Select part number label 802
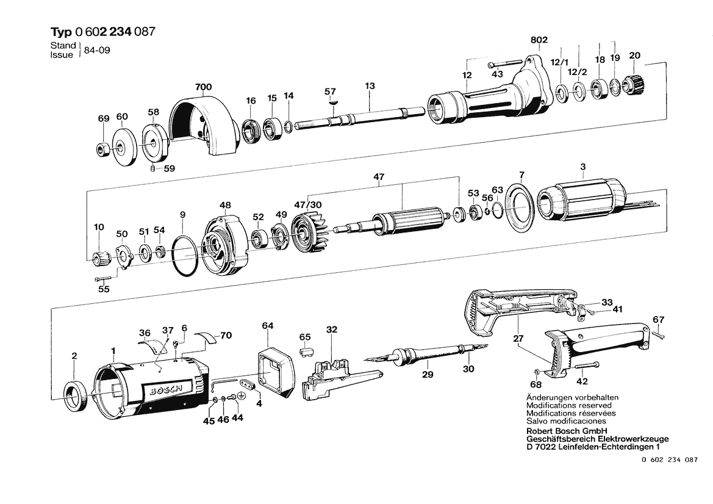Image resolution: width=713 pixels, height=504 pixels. [539, 40]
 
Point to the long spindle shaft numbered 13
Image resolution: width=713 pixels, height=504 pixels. [360, 115]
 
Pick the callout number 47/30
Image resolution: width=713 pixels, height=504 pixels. [308, 204]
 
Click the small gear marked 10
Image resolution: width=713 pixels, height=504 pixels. [98, 259]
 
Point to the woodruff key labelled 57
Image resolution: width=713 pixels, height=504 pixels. [332, 103]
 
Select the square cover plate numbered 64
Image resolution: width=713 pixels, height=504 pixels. [276, 373]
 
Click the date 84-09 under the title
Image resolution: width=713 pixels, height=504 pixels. [98, 50]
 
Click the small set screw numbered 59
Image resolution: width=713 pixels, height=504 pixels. [152, 169]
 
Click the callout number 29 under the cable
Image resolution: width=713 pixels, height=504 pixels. [428, 375]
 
